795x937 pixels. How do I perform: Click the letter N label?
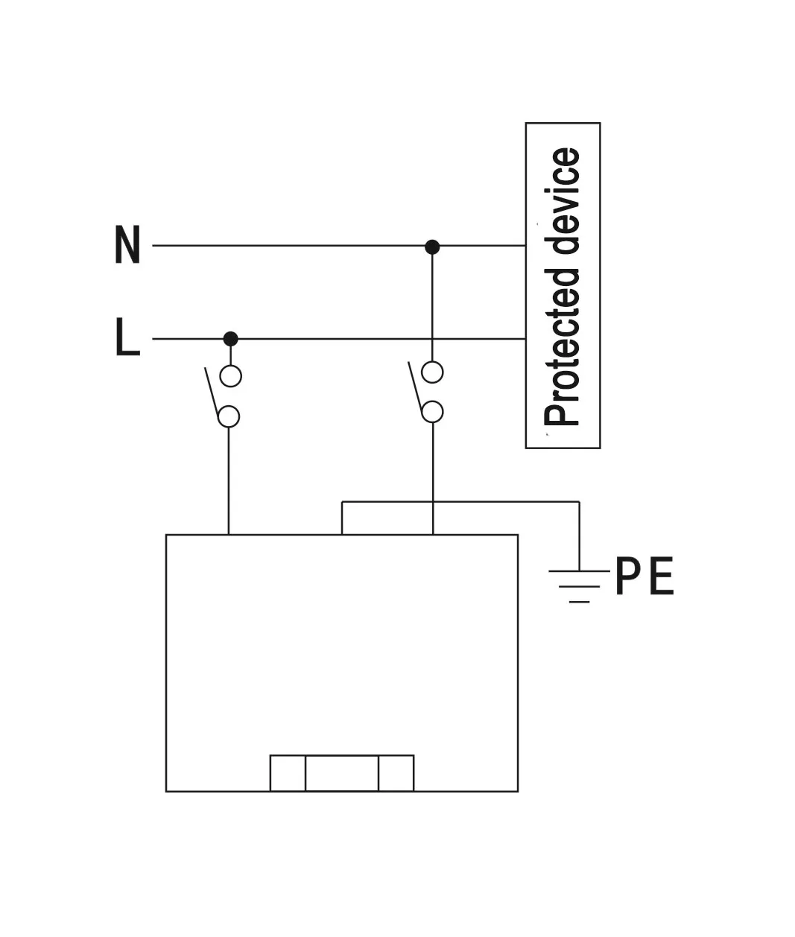pyautogui.click(x=127, y=245)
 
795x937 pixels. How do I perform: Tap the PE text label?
pyautogui.click(x=644, y=577)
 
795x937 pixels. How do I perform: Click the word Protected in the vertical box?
pyautogui.click(x=563, y=347)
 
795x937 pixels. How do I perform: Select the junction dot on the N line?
pyautogui.click(x=432, y=247)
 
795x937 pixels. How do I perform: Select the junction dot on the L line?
pyautogui.click(x=231, y=339)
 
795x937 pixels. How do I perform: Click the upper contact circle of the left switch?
pyautogui.click(x=231, y=376)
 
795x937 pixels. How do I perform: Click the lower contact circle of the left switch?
pyautogui.click(x=229, y=416)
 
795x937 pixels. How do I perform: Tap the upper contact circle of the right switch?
pyautogui.click(x=432, y=372)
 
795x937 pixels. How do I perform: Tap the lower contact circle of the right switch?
pyautogui.click(x=432, y=412)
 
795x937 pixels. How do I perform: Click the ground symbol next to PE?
pyautogui.click(x=579, y=585)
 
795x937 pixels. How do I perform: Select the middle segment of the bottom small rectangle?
pyautogui.click(x=342, y=773)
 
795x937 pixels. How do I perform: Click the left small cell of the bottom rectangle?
pyautogui.click(x=288, y=773)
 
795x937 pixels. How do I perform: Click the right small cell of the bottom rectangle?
pyautogui.click(x=396, y=773)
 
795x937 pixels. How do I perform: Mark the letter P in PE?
pyautogui.click(x=627, y=577)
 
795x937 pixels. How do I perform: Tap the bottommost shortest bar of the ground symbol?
pyautogui.click(x=579, y=601)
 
